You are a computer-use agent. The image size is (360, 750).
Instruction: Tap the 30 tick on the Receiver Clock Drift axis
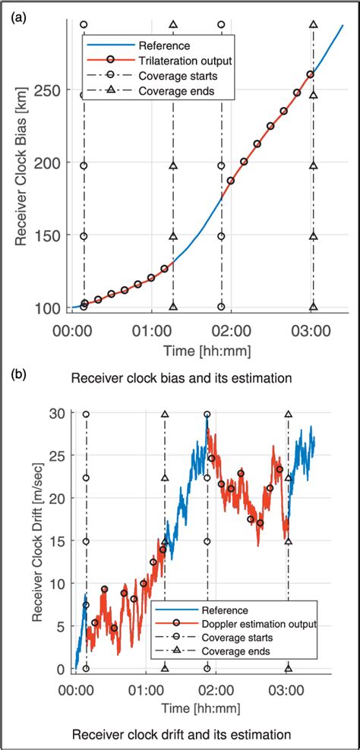click(58, 414)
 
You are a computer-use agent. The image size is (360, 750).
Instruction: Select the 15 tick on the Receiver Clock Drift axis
click(58, 541)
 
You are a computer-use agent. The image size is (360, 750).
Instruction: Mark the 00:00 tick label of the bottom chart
click(76, 692)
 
